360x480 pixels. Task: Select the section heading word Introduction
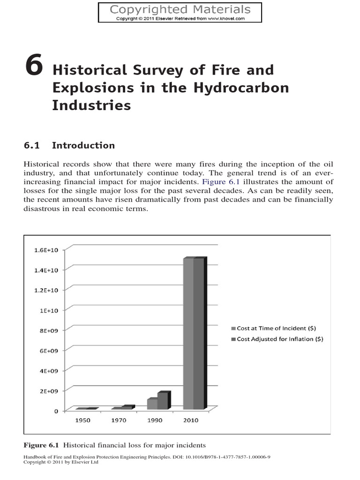[83, 145]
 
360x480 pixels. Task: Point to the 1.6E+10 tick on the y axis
[46, 250]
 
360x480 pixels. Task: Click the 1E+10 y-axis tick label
[49, 310]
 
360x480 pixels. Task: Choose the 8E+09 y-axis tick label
[49, 330]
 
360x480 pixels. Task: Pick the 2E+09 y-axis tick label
[49, 391]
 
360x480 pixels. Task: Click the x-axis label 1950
[83, 420]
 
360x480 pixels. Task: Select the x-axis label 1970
[119, 420]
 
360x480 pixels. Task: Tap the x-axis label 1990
[154, 420]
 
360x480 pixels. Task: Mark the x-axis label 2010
[190, 420]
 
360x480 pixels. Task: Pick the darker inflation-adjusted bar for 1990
[163, 401]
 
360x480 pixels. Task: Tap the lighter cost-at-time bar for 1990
[152, 404]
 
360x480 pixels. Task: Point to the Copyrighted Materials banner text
[180, 9]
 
